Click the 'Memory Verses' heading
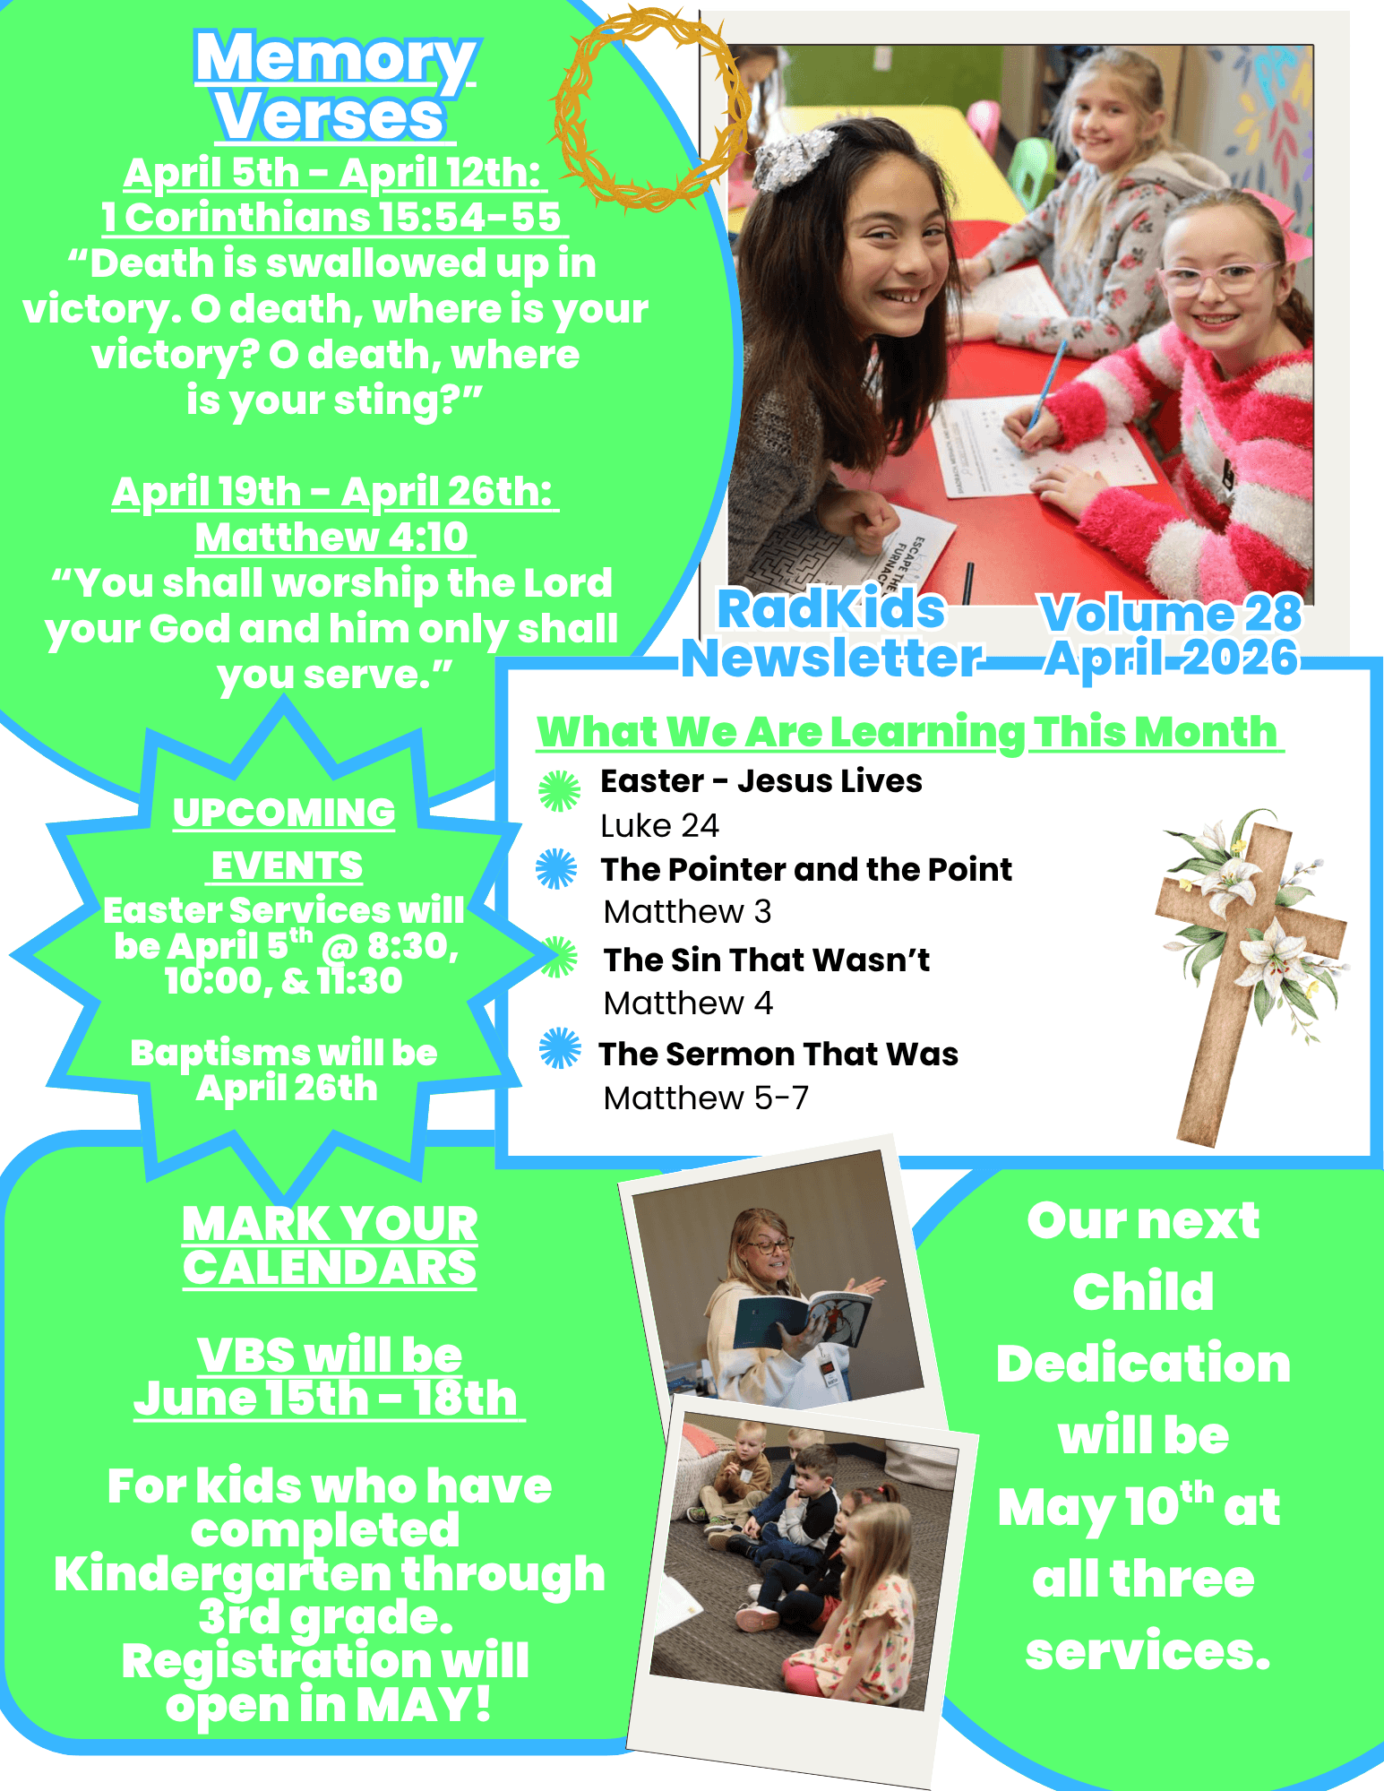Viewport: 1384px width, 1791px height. [x=335, y=86]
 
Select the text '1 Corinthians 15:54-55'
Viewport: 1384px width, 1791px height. [x=331, y=218]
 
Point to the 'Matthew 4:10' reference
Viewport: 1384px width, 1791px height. [x=332, y=538]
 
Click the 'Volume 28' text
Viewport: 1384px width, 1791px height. [x=1171, y=614]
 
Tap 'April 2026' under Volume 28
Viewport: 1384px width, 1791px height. [x=1172, y=659]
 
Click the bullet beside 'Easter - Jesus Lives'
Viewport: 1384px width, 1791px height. [x=560, y=790]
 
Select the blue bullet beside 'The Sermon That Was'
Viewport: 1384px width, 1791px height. [x=560, y=1048]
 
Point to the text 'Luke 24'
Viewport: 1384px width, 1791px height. [x=660, y=826]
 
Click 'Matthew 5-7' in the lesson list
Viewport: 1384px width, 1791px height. [x=706, y=1098]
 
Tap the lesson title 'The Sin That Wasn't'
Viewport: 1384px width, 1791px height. [x=767, y=960]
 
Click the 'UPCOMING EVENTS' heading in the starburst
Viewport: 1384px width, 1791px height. [x=285, y=839]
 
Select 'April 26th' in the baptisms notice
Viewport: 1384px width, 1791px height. [x=287, y=1089]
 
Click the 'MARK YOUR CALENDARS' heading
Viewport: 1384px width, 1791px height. [x=330, y=1245]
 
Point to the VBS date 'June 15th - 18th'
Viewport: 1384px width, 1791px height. [x=327, y=1399]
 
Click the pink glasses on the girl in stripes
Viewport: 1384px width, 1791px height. [x=1220, y=276]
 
